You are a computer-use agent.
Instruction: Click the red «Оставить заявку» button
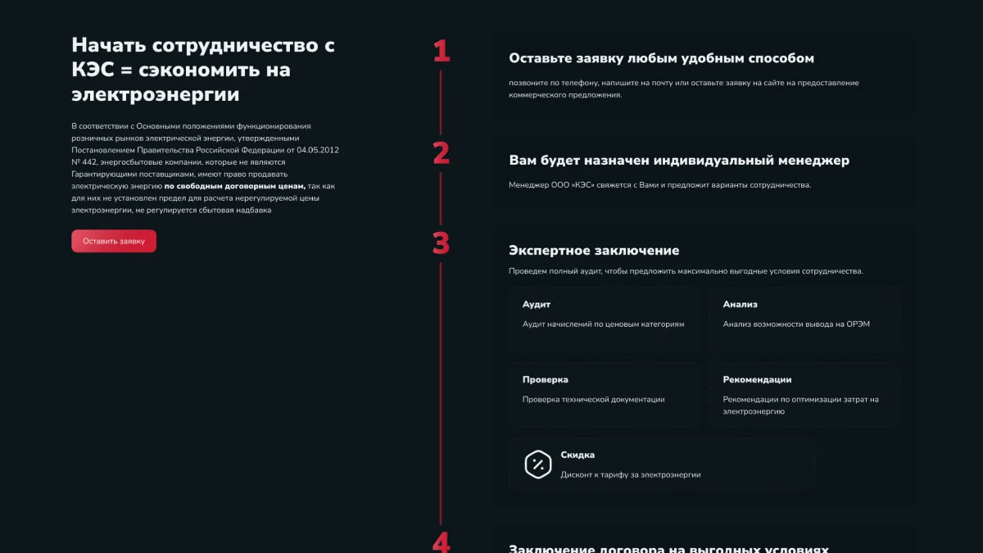coord(114,241)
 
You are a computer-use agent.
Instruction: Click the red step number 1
coord(442,52)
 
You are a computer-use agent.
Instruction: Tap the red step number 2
coord(442,153)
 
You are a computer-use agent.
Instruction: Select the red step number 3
coord(442,243)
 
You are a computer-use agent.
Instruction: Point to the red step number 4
coord(442,542)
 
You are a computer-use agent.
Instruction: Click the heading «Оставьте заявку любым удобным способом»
coord(661,59)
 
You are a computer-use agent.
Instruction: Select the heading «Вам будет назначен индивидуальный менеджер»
coord(678,161)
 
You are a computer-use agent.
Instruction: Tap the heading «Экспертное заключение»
coord(594,251)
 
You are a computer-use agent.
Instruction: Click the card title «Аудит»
coord(537,305)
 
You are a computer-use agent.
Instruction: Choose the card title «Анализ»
coord(741,305)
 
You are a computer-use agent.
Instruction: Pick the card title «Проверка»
coord(546,380)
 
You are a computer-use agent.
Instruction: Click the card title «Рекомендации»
coord(757,380)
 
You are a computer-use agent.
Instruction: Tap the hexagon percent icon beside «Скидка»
coord(538,465)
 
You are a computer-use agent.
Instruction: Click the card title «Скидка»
coord(578,456)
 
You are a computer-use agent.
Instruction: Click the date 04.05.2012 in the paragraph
coord(318,150)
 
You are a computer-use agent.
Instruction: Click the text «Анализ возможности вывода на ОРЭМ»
coord(796,324)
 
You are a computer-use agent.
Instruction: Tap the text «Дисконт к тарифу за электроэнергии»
coord(630,475)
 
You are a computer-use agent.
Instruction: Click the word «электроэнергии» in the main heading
coord(156,95)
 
